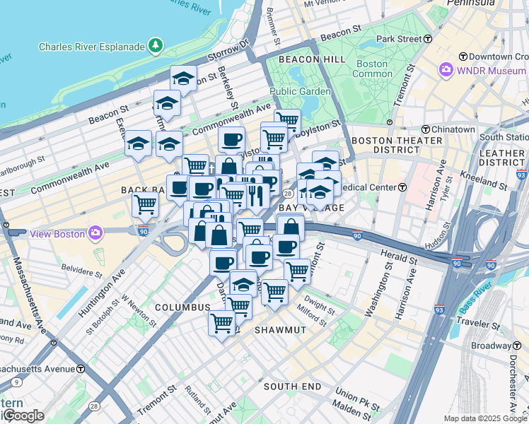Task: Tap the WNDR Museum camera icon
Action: point(446,70)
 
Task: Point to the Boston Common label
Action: point(372,69)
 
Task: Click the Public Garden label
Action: point(300,91)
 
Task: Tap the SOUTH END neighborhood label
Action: point(293,387)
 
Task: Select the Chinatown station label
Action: point(453,129)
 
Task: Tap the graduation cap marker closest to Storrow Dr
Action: point(183,78)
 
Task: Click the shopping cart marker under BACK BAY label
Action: point(145,204)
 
